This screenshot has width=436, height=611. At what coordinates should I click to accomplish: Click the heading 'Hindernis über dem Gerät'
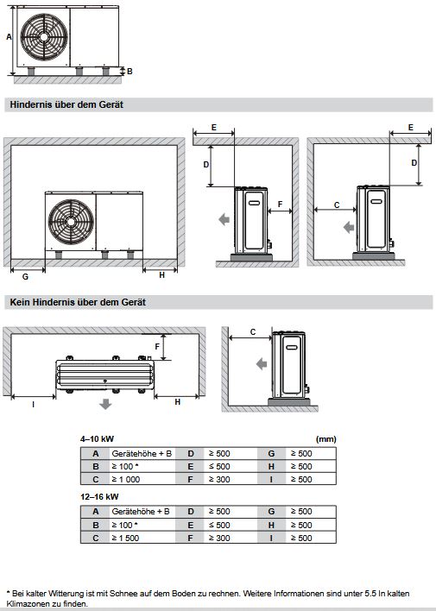pyautogui.click(x=66, y=104)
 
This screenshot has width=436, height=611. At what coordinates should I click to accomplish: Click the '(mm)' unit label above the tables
pyautogui.click(x=326, y=439)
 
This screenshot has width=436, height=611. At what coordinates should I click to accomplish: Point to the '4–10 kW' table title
pyautogui.click(x=97, y=439)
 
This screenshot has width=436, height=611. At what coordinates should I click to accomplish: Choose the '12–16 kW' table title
pyautogui.click(x=99, y=497)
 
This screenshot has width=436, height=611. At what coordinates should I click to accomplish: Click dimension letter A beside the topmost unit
pyautogui.click(x=9, y=37)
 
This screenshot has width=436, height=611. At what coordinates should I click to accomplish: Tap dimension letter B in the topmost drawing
pyautogui.click(x=130, y=71)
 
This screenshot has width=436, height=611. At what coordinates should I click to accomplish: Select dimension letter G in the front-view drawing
pyautogui.click(x=25, y=276)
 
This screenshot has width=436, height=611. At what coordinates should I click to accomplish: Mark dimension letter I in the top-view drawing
pyautogui.click(x=32, y=403)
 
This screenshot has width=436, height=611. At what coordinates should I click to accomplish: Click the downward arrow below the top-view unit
pyautogui.click(x=105, y=404)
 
